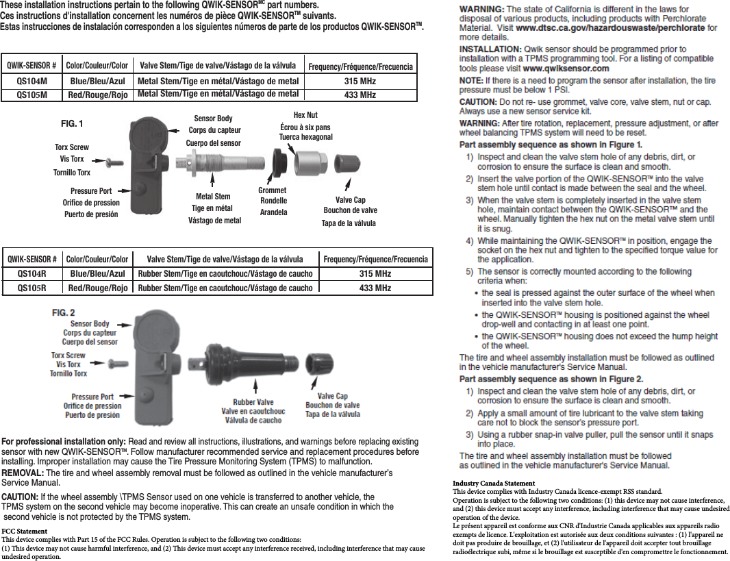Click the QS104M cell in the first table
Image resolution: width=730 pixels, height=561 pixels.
[32, 81]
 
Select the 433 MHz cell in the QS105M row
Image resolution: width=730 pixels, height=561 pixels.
[360, 95]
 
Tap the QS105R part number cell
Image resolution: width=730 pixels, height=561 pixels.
[32, 288]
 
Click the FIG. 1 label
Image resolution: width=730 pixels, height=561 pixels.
[72, 124]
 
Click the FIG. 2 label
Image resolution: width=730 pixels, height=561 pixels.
[64, 312]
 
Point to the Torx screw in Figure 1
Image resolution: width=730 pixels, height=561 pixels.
[112, 162]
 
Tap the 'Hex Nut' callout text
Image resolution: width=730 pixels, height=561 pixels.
[305, 115]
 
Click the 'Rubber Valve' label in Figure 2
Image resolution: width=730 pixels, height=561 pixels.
[253, 403]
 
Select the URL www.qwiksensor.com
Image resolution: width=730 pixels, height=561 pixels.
[566, 68]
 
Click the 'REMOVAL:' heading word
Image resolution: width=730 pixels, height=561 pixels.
[23, 473]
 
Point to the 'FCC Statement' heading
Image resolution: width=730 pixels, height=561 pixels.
[24, 532]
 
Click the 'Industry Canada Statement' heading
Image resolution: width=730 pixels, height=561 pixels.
[494, 484]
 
